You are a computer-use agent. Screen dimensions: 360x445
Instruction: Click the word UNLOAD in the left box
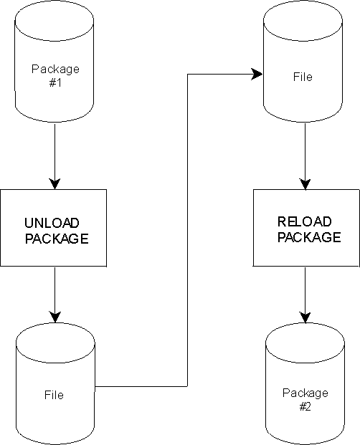click(x=52, y=223)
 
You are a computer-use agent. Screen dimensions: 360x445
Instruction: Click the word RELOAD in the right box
click(x=305, y=221)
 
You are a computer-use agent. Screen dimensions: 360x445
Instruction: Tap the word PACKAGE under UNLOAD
click(x=57, y=239)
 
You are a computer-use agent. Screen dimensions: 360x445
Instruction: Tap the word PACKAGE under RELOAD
click(x=309, y=237)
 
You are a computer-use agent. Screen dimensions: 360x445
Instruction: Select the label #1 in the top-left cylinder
click(x=55, y=83)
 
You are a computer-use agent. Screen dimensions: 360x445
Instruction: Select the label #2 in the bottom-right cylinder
click(x=305, y=407)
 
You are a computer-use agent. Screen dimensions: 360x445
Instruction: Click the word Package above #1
click(x=55, y=70)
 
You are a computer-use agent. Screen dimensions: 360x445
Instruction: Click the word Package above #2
click(x=305, y=393)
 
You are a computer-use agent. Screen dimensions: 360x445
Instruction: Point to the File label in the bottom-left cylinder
click(x=54, y=395)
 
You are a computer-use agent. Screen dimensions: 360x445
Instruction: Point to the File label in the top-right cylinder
click(x=303, y=77)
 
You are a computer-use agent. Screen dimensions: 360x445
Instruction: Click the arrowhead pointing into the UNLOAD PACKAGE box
click(x=55, y=184)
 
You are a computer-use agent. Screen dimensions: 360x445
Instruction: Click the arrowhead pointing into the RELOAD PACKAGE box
click(x=305, y=184)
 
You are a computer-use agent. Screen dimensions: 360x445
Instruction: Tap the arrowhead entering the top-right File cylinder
click(x=257, y=75)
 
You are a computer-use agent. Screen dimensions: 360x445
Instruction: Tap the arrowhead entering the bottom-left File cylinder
click(x=55, y=317)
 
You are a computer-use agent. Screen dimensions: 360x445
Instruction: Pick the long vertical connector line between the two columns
click(x=187, y=230)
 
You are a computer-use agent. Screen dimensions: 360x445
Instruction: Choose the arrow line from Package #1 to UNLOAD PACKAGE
click(x=55, y=156)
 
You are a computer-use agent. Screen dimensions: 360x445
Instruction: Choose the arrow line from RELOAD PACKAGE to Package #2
click(x=305, y=295)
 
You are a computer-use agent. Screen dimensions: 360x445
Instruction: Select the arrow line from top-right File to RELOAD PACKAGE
click(x=305, y=156)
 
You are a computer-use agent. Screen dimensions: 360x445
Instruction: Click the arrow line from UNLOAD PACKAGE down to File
click(x=55, y=295)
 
